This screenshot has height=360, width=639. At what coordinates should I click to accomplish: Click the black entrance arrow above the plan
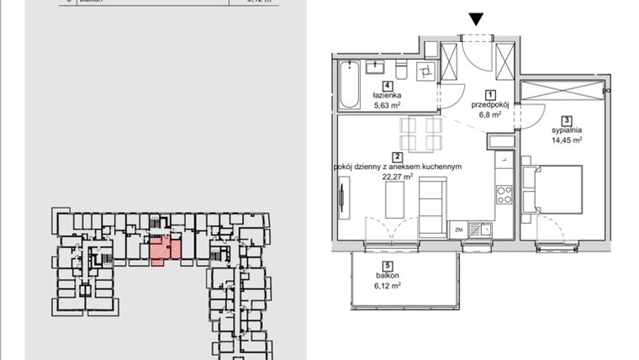pyautogui.click(x=477, y=19)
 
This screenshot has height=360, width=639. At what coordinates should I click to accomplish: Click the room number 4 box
pyautogui.click(x=388, y=85)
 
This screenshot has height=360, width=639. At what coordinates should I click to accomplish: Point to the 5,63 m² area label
pyautogui.click(x=388, y=106)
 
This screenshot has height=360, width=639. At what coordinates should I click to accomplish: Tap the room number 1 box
pyautogui.click(x=490, y=94)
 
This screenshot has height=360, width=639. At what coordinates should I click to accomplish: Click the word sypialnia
pyautogui.click(x=568, y=130)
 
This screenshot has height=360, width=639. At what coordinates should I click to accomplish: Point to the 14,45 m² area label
pyautogui.click(x=568, y=140)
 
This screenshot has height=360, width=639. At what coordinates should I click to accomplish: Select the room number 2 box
pyautogui.click(x=397, y=156)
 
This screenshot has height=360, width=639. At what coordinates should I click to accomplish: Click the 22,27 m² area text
pyautogui.click(x=397, y=177)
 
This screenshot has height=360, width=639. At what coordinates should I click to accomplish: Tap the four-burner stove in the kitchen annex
pyautogui.click(x=504, y=195)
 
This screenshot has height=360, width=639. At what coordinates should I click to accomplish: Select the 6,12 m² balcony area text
pyautogui.click(x=388, y=286)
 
